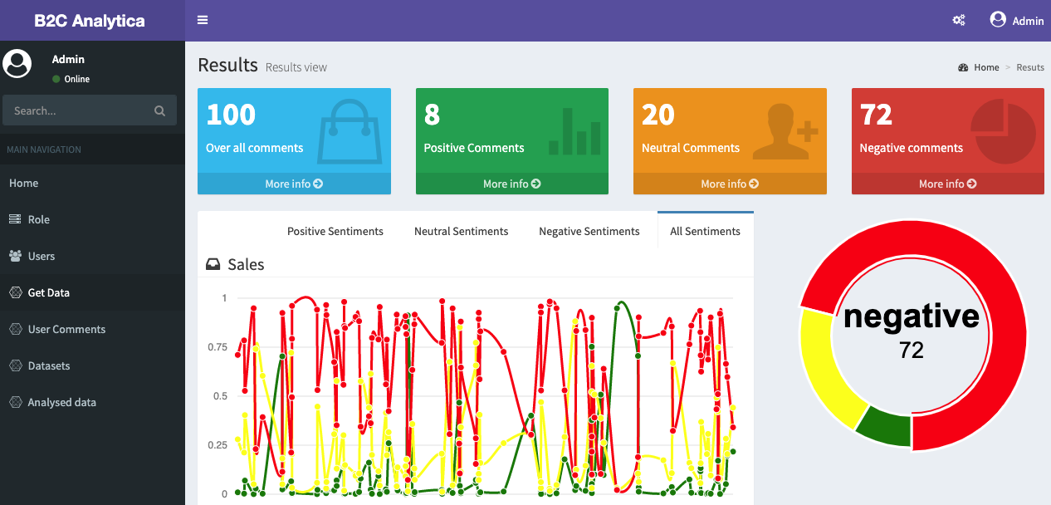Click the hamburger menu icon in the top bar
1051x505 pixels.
(203, 21)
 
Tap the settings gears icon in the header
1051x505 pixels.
(959, 21)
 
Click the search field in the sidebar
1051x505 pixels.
(81, 110)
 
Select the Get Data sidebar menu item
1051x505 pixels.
(48, 292)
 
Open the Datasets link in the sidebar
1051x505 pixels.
(48, 365)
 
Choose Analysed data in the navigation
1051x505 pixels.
(61, 402)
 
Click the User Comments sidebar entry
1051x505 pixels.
(66, 329)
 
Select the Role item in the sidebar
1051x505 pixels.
(38, 219)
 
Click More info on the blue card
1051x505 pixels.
(294, 184)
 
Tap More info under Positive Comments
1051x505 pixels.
(511, 184)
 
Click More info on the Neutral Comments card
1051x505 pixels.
(730, 184)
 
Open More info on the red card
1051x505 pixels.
(947, 184)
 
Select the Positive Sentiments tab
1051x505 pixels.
(335, 231)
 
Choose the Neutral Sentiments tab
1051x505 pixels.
(461, 231)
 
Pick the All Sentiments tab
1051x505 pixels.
(705, 231)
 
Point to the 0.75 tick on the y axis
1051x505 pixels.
(217, 347)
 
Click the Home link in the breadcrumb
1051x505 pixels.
(986, 67)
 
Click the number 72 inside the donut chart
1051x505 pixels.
(912, 351)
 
